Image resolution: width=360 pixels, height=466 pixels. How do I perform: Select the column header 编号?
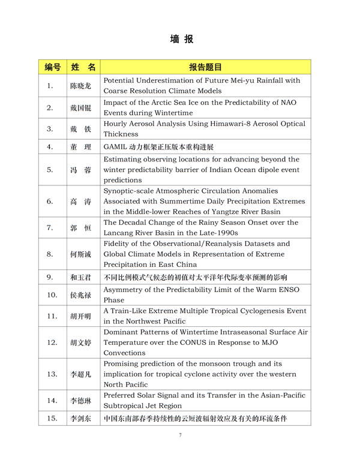pos(52,67)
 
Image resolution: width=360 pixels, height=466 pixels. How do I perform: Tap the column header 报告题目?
pos(205,67)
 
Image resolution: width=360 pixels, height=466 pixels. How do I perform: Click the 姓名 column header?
pos(83,67)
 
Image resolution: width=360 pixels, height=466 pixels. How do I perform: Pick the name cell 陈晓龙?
pos(80,86)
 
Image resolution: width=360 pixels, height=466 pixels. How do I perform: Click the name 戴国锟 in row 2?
pos(80,107)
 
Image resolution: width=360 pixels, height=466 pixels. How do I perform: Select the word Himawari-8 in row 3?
pos(238,124)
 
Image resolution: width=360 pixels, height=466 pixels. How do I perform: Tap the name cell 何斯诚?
pos(80,254)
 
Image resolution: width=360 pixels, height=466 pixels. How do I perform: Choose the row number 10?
pos(52,295)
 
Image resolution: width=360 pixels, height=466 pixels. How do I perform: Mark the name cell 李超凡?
pos(80,374)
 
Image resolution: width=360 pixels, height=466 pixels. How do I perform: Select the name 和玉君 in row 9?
pos(80,278)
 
